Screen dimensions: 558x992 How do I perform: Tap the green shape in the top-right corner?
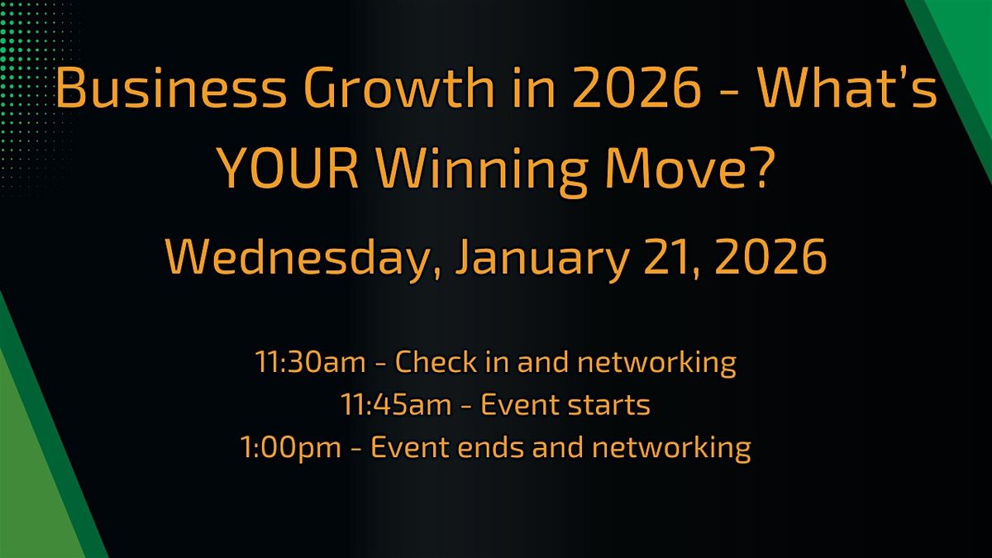[x=959, y=41]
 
